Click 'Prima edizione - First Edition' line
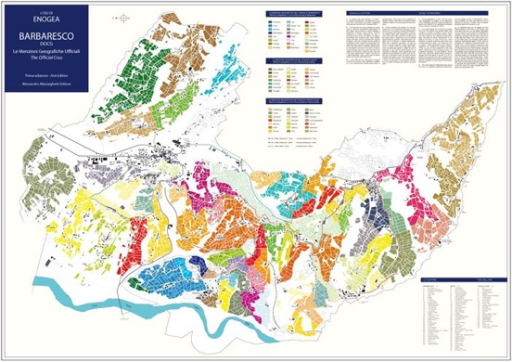click(x=45, y=76)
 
